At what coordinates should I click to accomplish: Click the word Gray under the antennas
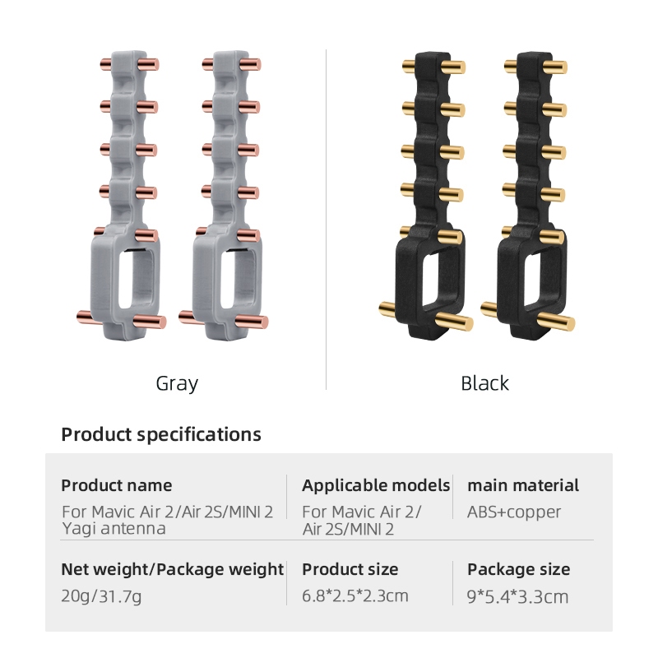click(177, 384)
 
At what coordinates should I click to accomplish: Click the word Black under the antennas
click(484, 383)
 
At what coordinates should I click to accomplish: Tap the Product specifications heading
click(161, 434)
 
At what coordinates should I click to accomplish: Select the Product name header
click(117, 485)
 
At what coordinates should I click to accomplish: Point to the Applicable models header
click(376, 485)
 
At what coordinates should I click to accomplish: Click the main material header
click(523, 485)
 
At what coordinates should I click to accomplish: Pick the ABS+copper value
click(514, 512)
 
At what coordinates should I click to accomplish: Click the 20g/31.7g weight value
click(101, 596)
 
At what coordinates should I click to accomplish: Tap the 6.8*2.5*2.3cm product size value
click(355, 595)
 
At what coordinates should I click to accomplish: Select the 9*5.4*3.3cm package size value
click(518, 597)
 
